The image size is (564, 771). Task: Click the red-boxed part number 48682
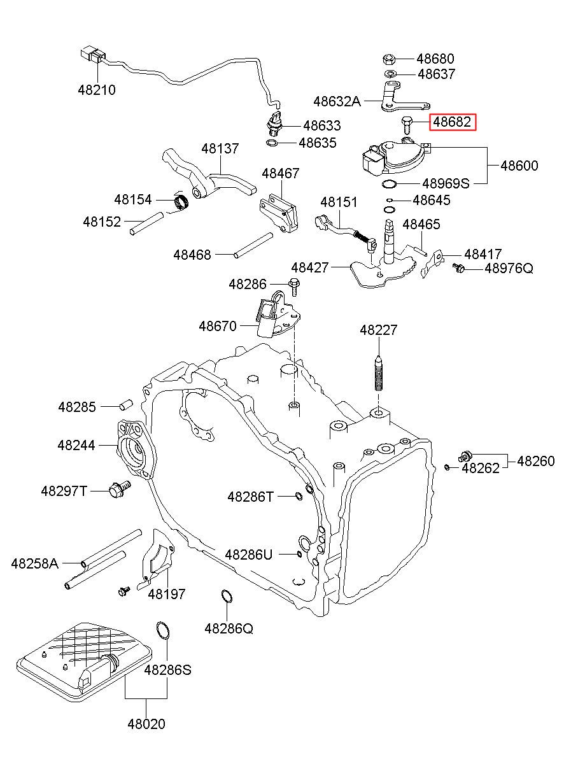(x=452, y=122)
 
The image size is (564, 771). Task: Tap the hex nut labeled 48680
(x=388, y=59)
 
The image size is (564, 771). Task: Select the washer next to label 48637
(x=390, y=74)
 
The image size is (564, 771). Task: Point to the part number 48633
(x=321, y=125)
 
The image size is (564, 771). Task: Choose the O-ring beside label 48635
(x=272, y=143)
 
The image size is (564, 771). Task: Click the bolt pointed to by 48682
(x=407, y=125)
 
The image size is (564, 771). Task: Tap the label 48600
(x=519, y=166)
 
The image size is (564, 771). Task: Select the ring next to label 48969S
(x=389, y=184)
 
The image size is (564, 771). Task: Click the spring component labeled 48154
(x=181, y=201)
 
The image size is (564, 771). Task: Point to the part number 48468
(x=192, y=255)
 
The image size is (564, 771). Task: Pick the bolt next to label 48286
(x=294, y=286)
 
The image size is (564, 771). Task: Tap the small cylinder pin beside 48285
(x=126, y=405)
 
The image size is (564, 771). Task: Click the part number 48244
(x=76, y=445)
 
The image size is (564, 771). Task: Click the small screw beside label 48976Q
(x=459, y=267)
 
